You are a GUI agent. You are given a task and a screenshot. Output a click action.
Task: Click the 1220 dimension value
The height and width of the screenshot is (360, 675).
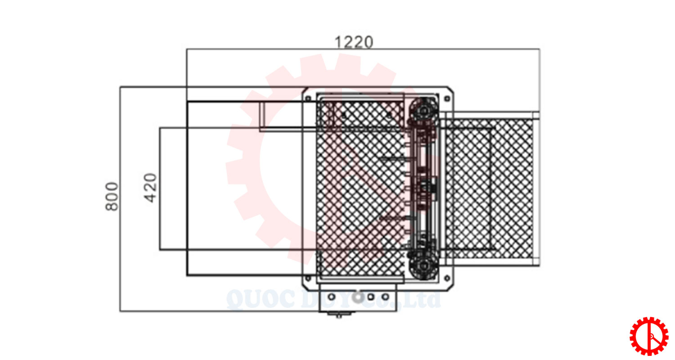point(354,42)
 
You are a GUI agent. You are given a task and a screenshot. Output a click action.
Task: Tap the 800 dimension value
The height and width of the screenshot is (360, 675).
point(112,196)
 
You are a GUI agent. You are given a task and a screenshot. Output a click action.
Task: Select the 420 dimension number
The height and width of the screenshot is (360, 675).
point(150,188)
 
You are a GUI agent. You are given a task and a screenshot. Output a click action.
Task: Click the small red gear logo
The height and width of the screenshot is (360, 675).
point(649,336)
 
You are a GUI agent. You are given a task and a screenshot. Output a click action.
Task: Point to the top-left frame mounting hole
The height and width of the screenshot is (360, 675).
point(308,99)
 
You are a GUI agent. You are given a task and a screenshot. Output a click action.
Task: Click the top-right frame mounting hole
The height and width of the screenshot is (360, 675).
point(447,99)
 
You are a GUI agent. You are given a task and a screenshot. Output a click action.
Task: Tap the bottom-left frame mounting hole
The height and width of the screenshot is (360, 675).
point(308,278)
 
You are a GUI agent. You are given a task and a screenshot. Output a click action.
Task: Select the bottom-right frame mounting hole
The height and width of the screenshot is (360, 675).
point(447,278)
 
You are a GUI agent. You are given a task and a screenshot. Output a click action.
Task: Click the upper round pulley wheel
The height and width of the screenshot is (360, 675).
point(423,111)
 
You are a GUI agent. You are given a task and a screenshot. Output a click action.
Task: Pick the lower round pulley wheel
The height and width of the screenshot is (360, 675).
point(423,266)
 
